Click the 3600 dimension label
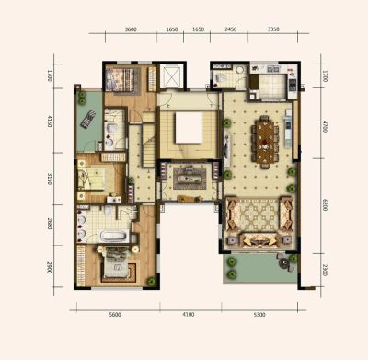[x=131, y=29]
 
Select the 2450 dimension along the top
[x=231, y=29]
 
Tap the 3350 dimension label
[x=273, y=29]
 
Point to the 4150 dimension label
[x=50, y=122]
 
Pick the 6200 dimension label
[x=325, y=204]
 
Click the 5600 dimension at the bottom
[x=115, y=315]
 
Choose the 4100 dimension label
[x=189, y=315]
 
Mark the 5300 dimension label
[x=259, y=315]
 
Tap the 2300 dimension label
[x=325, y=270]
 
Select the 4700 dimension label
[x=325, y=126]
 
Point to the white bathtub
[x=113, y=237]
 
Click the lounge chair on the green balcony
[x=88, y=119]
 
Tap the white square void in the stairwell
[x=190, y=128]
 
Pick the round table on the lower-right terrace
[x=284, y=262]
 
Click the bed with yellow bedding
[x=91, y=179]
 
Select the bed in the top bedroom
[x=120, y=79]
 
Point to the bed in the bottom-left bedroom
[x=116, y=262]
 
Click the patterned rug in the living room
[x=259, y=215]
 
